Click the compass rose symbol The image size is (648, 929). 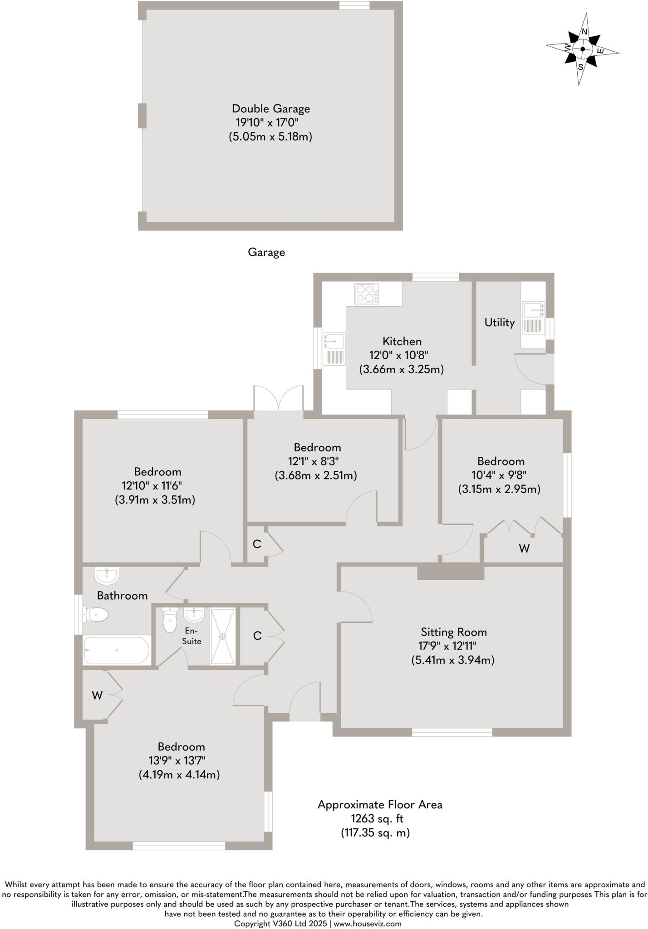[x=582, y=49]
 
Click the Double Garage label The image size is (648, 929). [x=271, y=109]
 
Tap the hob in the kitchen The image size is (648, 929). [x=366, y=293]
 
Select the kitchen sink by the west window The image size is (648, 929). [x=334, y=348]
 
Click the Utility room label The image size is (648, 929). [x=499, y=323]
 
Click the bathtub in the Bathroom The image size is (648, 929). [x=117, y=650]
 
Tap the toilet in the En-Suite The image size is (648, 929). [x=170, y=620]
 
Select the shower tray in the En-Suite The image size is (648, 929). [x=222, y=636]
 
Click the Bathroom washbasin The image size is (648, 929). [x=107, y=576]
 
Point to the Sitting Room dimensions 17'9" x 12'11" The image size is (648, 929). [x=447, y=646]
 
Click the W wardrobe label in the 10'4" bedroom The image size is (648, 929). [x=524, y=548]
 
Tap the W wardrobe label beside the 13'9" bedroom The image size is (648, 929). [x=97, y=695]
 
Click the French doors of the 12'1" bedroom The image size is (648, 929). [x=278, y=399]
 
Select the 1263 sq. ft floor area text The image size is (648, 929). [x=377, y=819]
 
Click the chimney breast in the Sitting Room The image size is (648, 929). [x=451, y=572]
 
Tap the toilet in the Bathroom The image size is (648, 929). [x=96, y=615]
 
